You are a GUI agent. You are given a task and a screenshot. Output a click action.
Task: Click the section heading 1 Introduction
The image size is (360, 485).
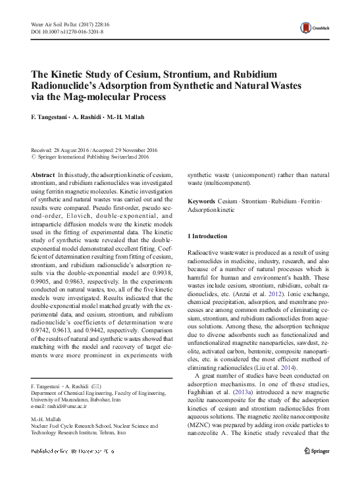pos(207,236)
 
